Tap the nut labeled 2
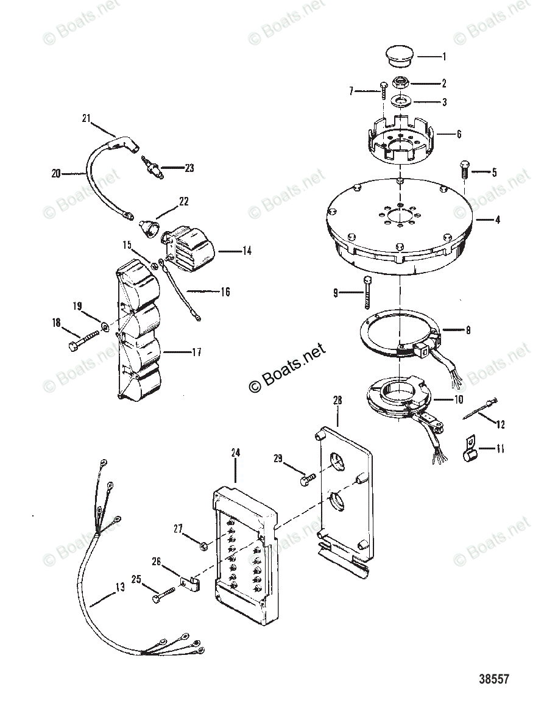400,82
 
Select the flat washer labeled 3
400,100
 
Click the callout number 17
197,352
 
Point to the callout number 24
236,452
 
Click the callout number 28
337,400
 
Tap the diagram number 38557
494,691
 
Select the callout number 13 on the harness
120,587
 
